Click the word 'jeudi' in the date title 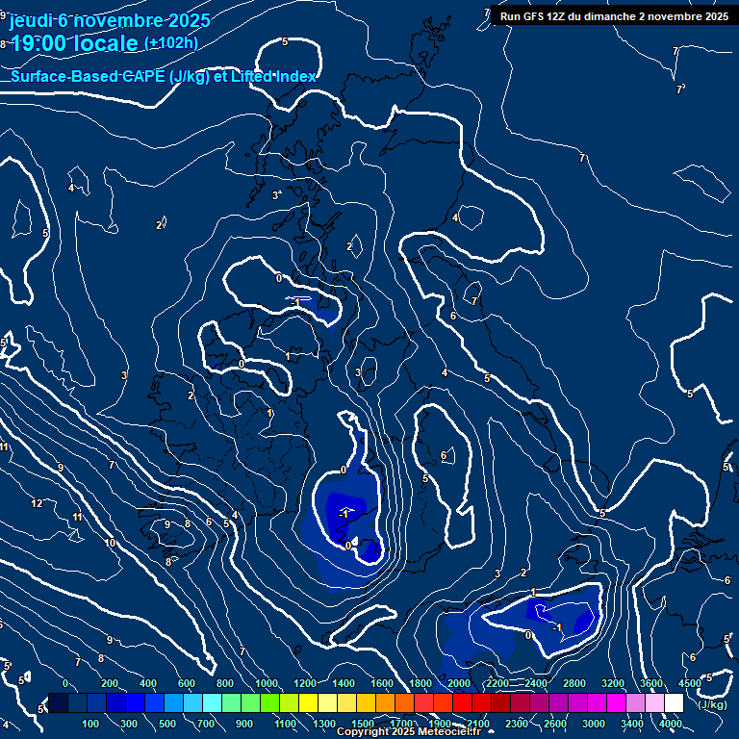pos(30,20)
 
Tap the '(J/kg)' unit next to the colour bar pos(712,704)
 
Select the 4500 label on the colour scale pos(689,683)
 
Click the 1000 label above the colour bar pos(266,683)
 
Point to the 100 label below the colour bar pos(91,724)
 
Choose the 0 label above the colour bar pos(65,683)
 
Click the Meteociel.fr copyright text pos(408,732)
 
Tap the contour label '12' pos(37,503)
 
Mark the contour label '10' pos(110,543)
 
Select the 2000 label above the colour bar pos(459,683)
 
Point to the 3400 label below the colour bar pos(632,724)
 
